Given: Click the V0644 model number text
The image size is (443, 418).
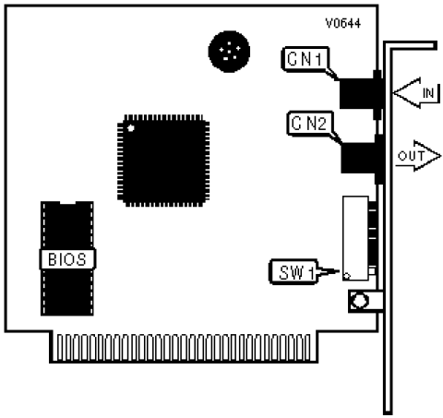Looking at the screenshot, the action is point(343,23).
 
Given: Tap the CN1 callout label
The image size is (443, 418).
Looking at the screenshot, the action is point(305,59).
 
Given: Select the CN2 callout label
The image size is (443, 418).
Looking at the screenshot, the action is point(309,124).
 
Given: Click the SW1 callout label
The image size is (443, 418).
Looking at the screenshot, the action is point(293,272).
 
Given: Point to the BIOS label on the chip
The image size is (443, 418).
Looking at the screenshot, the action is point(67,259).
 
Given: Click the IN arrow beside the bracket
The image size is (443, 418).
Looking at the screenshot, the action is point(417,92).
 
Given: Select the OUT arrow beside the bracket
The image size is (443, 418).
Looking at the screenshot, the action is point(418,156).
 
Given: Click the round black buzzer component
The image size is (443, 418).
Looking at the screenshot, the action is point(229,52).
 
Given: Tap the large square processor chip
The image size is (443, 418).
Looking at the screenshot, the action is point(163,161).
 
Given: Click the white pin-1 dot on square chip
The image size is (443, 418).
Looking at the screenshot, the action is point(131,128).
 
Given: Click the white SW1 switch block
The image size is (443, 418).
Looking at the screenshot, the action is point(355,238).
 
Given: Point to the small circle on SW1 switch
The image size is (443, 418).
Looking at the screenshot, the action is point(347,276).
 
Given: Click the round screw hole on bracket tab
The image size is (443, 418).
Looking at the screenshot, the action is point(359,300).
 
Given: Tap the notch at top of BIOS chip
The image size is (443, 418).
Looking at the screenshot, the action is point(67,203).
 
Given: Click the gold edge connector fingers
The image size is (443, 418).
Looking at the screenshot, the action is point(184,348).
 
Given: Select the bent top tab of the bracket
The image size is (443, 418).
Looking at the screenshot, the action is point(410,45).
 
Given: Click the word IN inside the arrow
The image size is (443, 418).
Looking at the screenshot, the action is point(428,93).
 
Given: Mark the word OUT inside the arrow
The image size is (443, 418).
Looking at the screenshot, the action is point(411,156).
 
